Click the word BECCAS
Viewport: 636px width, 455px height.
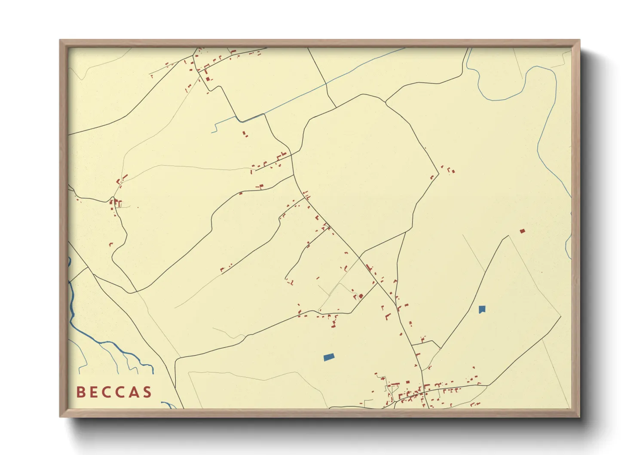click(114, 392)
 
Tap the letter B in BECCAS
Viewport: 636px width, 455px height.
click(80, 392)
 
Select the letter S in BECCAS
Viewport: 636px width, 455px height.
click(147, 392)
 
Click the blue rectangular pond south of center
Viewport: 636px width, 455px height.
click(329, 357)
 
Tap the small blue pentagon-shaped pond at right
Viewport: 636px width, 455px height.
click(482, 309)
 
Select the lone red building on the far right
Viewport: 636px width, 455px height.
click(522, 231)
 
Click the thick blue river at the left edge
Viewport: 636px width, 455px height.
click(71, 301)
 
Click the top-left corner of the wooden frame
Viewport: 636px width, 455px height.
click(61, 41)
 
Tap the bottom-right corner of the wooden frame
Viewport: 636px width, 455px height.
click(578, 416)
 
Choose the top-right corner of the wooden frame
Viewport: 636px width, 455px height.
click(578, 41)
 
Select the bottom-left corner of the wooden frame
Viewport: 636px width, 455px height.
click(61, 416)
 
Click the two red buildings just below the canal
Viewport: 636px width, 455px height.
click(245, 134)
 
